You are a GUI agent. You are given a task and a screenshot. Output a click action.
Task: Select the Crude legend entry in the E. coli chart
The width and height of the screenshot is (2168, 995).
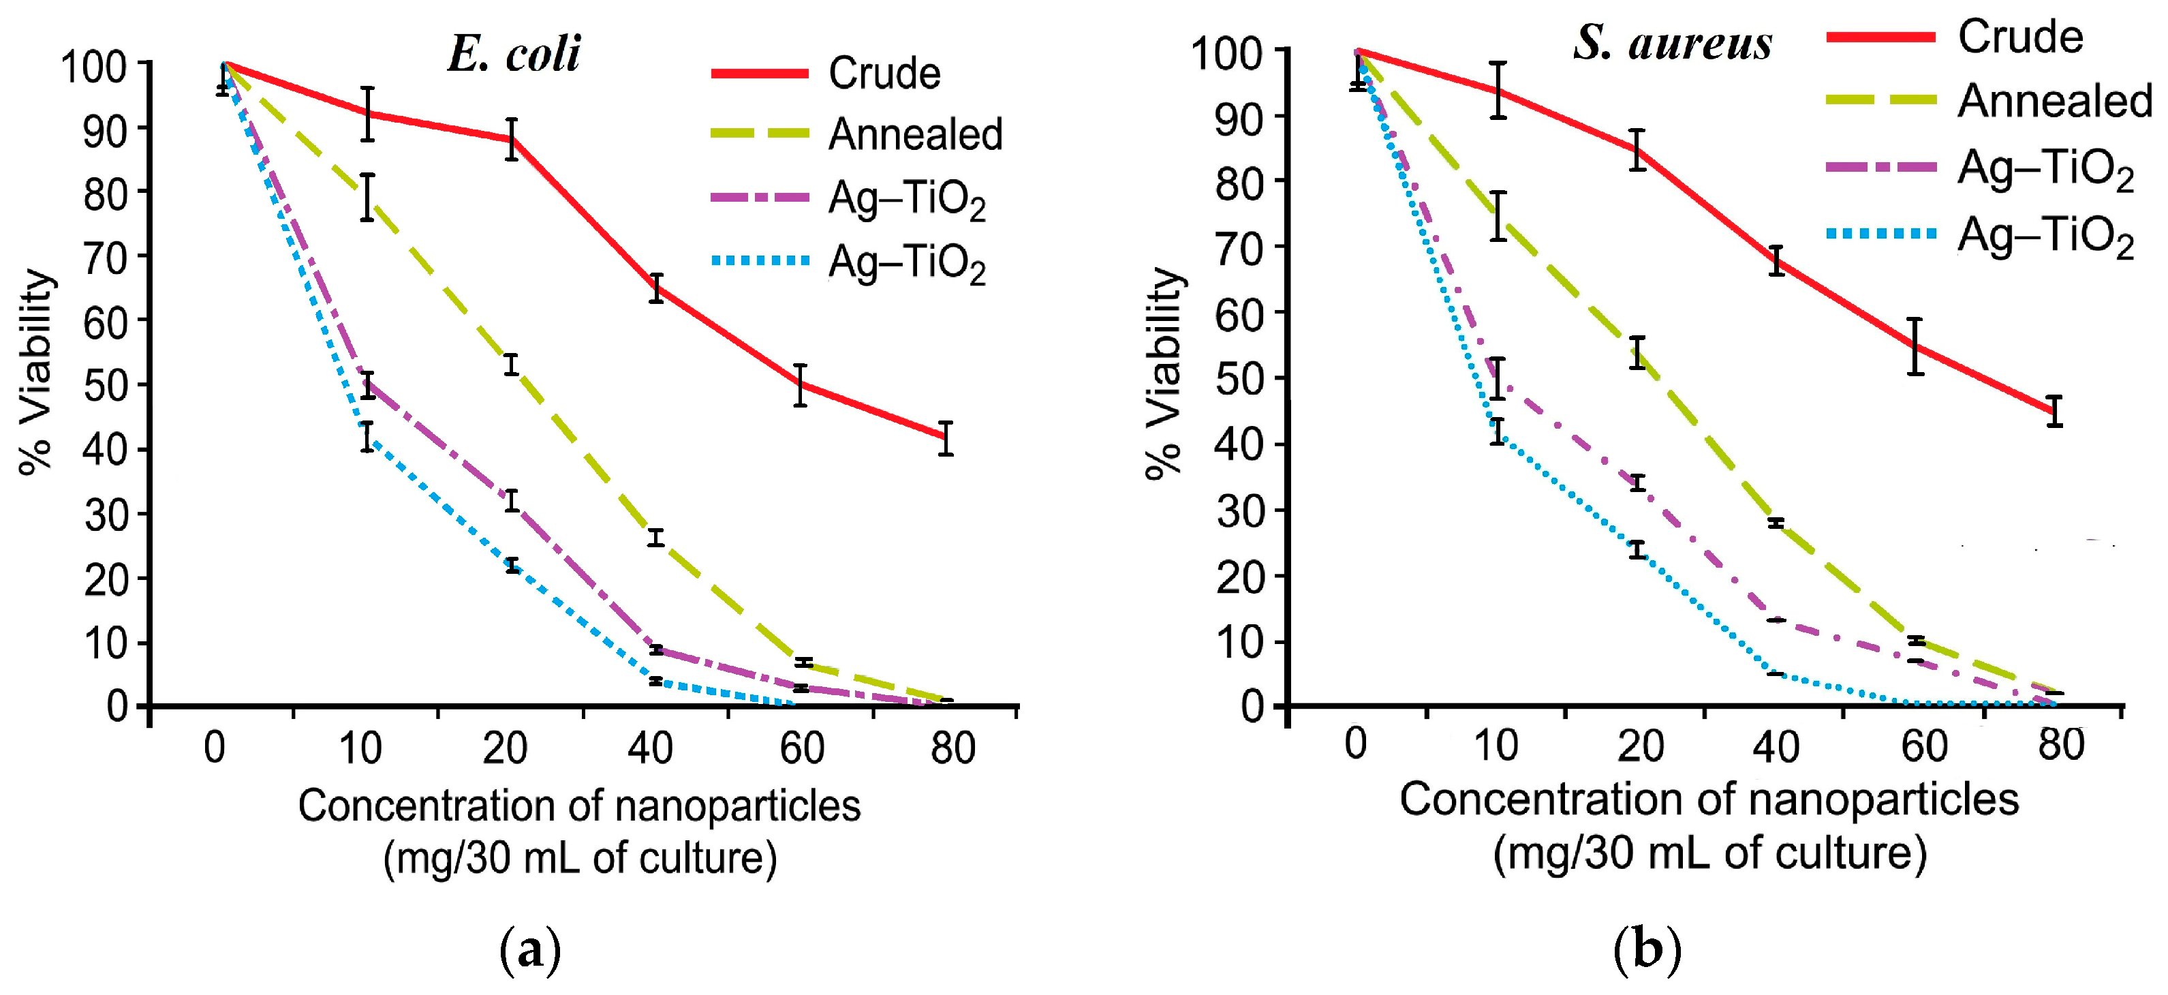click(884, 74)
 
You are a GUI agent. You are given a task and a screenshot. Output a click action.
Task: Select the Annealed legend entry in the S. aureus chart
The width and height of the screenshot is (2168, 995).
click(2054, 102)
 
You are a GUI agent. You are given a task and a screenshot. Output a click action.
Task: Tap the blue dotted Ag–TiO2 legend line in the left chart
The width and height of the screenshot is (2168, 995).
click(759, 262)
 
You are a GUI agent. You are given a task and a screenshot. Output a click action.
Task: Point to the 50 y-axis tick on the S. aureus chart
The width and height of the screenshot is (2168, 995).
click(1241, 379)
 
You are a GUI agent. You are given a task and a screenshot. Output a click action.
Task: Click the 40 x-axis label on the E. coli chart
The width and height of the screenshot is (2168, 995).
click(650, 748)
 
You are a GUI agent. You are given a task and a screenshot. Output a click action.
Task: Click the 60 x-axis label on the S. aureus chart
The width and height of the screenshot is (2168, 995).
click(1924, 746)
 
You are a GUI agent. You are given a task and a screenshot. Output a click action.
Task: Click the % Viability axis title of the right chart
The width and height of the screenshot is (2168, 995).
click(1165, 372)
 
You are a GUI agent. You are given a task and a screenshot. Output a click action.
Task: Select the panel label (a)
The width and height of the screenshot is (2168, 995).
click(530, 951)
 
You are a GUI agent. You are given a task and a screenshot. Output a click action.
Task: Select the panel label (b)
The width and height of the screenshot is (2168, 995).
click(1647, 949)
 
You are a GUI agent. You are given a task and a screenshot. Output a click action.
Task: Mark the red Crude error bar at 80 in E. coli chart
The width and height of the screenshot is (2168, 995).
click(946, 438)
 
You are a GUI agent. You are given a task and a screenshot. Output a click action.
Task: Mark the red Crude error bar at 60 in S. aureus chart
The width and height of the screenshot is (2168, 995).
click(1915, 346)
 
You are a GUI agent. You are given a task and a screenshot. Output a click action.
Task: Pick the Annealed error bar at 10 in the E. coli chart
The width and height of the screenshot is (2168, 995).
click(367, 198)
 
